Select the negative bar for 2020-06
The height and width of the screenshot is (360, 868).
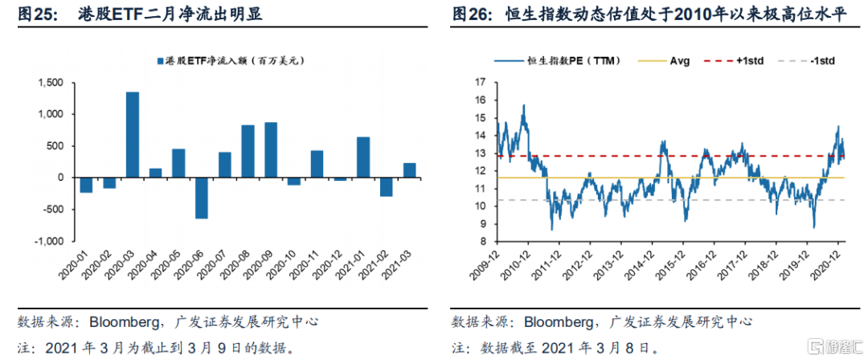[x=201, y=198]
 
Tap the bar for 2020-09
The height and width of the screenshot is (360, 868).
[x=271, y=149]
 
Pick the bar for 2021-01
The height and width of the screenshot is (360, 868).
[x=363, y=157]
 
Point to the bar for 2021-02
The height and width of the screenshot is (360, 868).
[x=387, y=186]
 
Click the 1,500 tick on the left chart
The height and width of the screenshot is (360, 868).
[x=51, y=83]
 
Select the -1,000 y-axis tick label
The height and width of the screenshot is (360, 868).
[x=49, y=241]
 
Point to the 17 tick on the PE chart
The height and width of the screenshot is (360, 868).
[x=481, y=83]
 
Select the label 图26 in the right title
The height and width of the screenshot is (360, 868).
[x=471, y=14]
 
